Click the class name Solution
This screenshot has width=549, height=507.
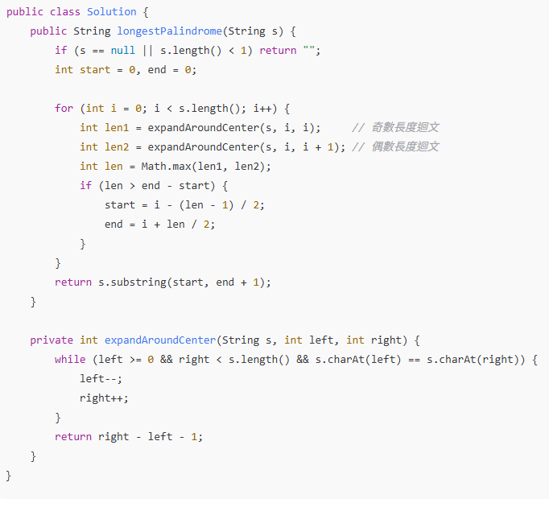click(x=112, y=12)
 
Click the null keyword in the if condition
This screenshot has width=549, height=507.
click(x=123, y=51)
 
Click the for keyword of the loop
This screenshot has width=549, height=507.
click(x=64, y=109)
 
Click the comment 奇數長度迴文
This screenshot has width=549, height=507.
click(x=395, y=128)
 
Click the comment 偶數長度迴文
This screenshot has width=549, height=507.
click(x=395, y=147)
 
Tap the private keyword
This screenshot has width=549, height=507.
click(x=52, y=340)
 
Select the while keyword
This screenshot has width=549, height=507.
click(x=70, y=360)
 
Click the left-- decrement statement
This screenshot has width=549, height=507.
click(x=101, y=379)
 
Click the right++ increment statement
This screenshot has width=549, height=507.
click(x=104, y=398)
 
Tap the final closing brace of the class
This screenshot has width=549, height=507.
click(x=9, y=476)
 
